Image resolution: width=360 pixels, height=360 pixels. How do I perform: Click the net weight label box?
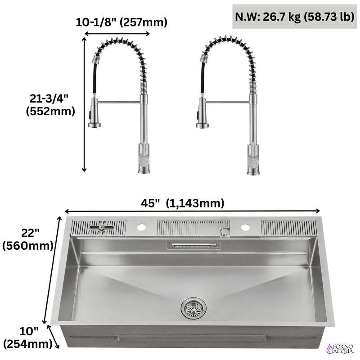(293, 18)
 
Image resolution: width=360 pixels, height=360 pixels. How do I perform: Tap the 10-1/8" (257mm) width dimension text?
(121, 21)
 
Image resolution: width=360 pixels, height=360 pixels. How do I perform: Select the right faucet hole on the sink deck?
(245, 227)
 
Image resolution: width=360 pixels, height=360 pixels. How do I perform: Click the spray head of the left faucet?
(94, 117)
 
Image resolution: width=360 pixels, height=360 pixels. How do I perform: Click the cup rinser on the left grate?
(103, 228)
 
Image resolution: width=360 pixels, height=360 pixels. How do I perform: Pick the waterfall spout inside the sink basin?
(193, 245)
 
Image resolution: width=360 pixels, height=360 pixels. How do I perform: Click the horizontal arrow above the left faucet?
(117, 34)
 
